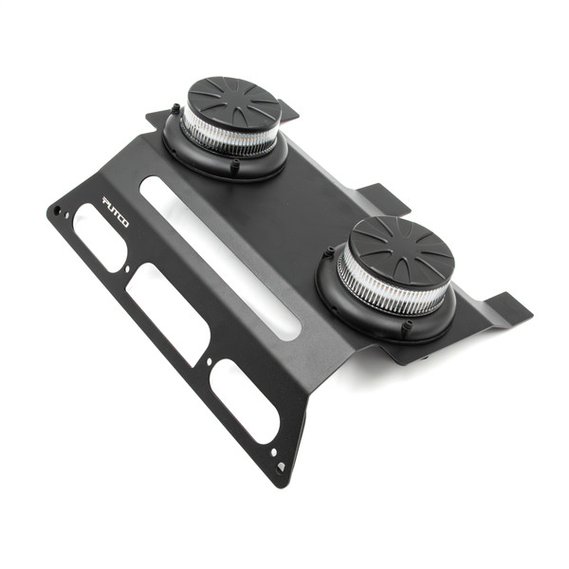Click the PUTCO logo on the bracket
tap(116, 204)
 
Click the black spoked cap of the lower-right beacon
tap(402, 250)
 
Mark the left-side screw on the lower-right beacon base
tap(328, 253)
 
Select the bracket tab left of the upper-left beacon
tap(157, 119)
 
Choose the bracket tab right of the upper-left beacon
tap(288, 111)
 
